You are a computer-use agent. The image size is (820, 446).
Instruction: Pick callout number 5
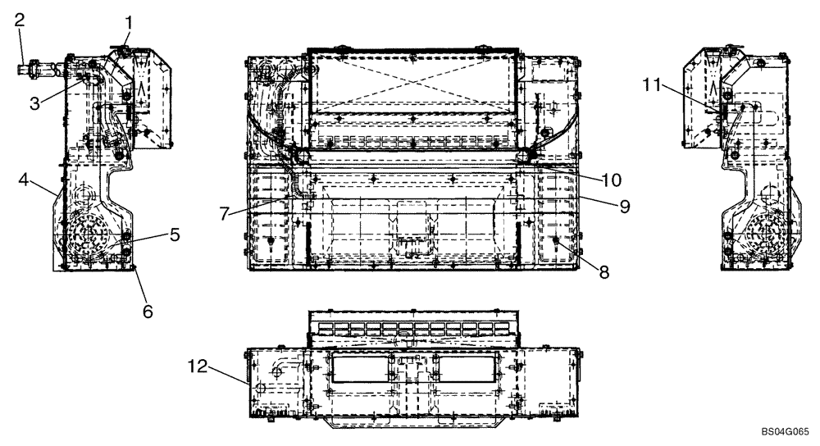coord(175,234)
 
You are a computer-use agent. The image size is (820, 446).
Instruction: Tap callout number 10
coord(613,179)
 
